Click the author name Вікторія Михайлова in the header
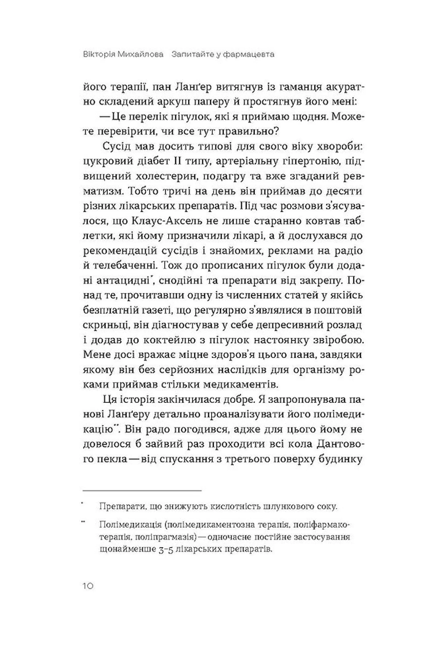[123, 54]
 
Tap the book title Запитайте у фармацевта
[223, 54]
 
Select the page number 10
[88, 586]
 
